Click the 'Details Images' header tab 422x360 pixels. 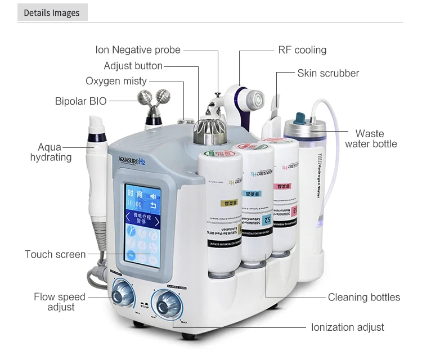52,12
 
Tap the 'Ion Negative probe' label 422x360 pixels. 138,50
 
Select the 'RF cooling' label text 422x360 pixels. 302,49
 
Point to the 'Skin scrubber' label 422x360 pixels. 328,73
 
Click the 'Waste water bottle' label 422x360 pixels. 370,139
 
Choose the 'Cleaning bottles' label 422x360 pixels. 364,297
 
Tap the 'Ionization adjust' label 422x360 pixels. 348,327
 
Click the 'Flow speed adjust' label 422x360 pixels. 60,302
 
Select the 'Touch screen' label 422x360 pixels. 55,254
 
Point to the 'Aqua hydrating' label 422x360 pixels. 51,152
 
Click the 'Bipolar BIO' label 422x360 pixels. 80,101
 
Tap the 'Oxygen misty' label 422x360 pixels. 116,81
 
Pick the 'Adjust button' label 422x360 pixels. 133,66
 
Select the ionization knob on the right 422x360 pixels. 168,304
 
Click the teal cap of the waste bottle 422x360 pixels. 298,118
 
